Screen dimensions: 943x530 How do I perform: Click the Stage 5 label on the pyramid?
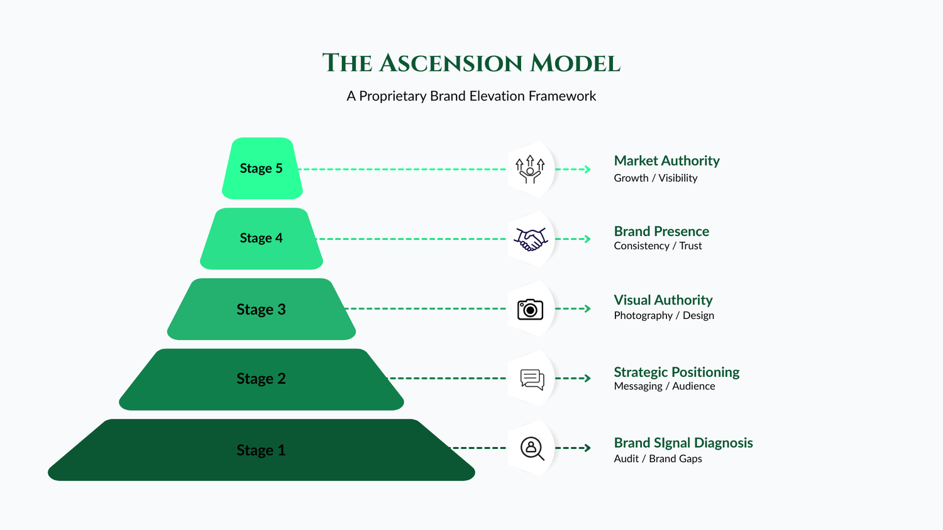[261, 168]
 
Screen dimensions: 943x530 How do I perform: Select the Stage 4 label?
[261, 238]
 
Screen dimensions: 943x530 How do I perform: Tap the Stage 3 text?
[261, 309]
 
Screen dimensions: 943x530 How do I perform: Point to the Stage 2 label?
[261, 379]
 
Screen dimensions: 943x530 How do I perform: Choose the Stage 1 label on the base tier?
[261, 450]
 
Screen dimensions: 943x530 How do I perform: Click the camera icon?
[530, 309]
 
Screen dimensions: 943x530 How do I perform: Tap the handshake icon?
[531, 239]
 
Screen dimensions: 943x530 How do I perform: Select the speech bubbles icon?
[532, 379]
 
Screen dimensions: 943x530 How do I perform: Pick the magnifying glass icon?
[532, 448]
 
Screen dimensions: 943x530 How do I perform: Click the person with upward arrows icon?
[530, 169]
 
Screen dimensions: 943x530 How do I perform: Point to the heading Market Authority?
[667, 161]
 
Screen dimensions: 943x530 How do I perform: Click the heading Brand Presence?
[661, 231]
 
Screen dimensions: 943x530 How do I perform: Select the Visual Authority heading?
[663, 300]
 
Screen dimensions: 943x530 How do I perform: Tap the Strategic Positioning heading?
[676, 372]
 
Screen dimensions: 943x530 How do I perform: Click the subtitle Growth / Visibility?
[656, 178]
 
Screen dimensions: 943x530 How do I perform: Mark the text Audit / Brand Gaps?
[658, 458]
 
